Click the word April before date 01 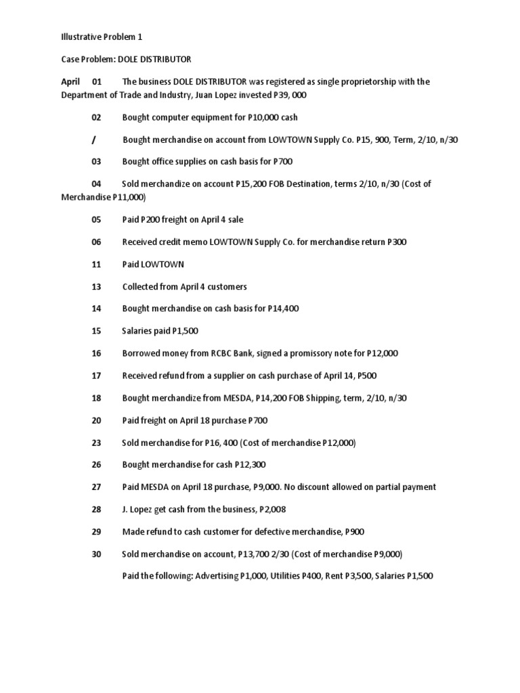click(70, 82)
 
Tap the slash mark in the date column click(93, 139)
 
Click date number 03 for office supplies click(96, 162)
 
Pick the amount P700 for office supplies click(283, 162)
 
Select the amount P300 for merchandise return click(397, 242)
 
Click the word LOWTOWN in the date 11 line click(162, 264)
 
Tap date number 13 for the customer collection click(96, 286)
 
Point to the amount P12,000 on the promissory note click(383, 353)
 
